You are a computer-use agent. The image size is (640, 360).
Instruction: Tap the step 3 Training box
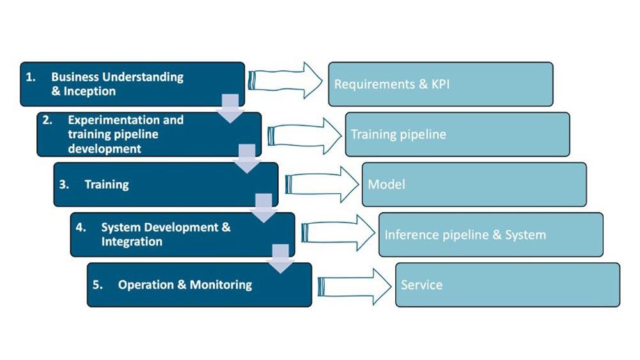(x=166, y=185)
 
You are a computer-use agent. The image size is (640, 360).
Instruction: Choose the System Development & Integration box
(x=182, y=235)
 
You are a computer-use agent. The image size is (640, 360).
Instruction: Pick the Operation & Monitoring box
(x=199, y=285)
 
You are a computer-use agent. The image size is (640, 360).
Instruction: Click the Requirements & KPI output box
(x=441, y=84)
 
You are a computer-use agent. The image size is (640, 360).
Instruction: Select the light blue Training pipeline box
(x=457, y=134)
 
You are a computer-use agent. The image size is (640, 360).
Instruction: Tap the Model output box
(x=474, y=185)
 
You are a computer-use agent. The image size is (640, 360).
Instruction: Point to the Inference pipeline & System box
(x=490, y=235)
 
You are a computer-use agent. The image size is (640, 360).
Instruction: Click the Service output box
(x=507, y=285)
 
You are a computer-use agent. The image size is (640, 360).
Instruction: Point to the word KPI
(x=439, y=84)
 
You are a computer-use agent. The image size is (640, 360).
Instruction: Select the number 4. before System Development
(x=81, y=227)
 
